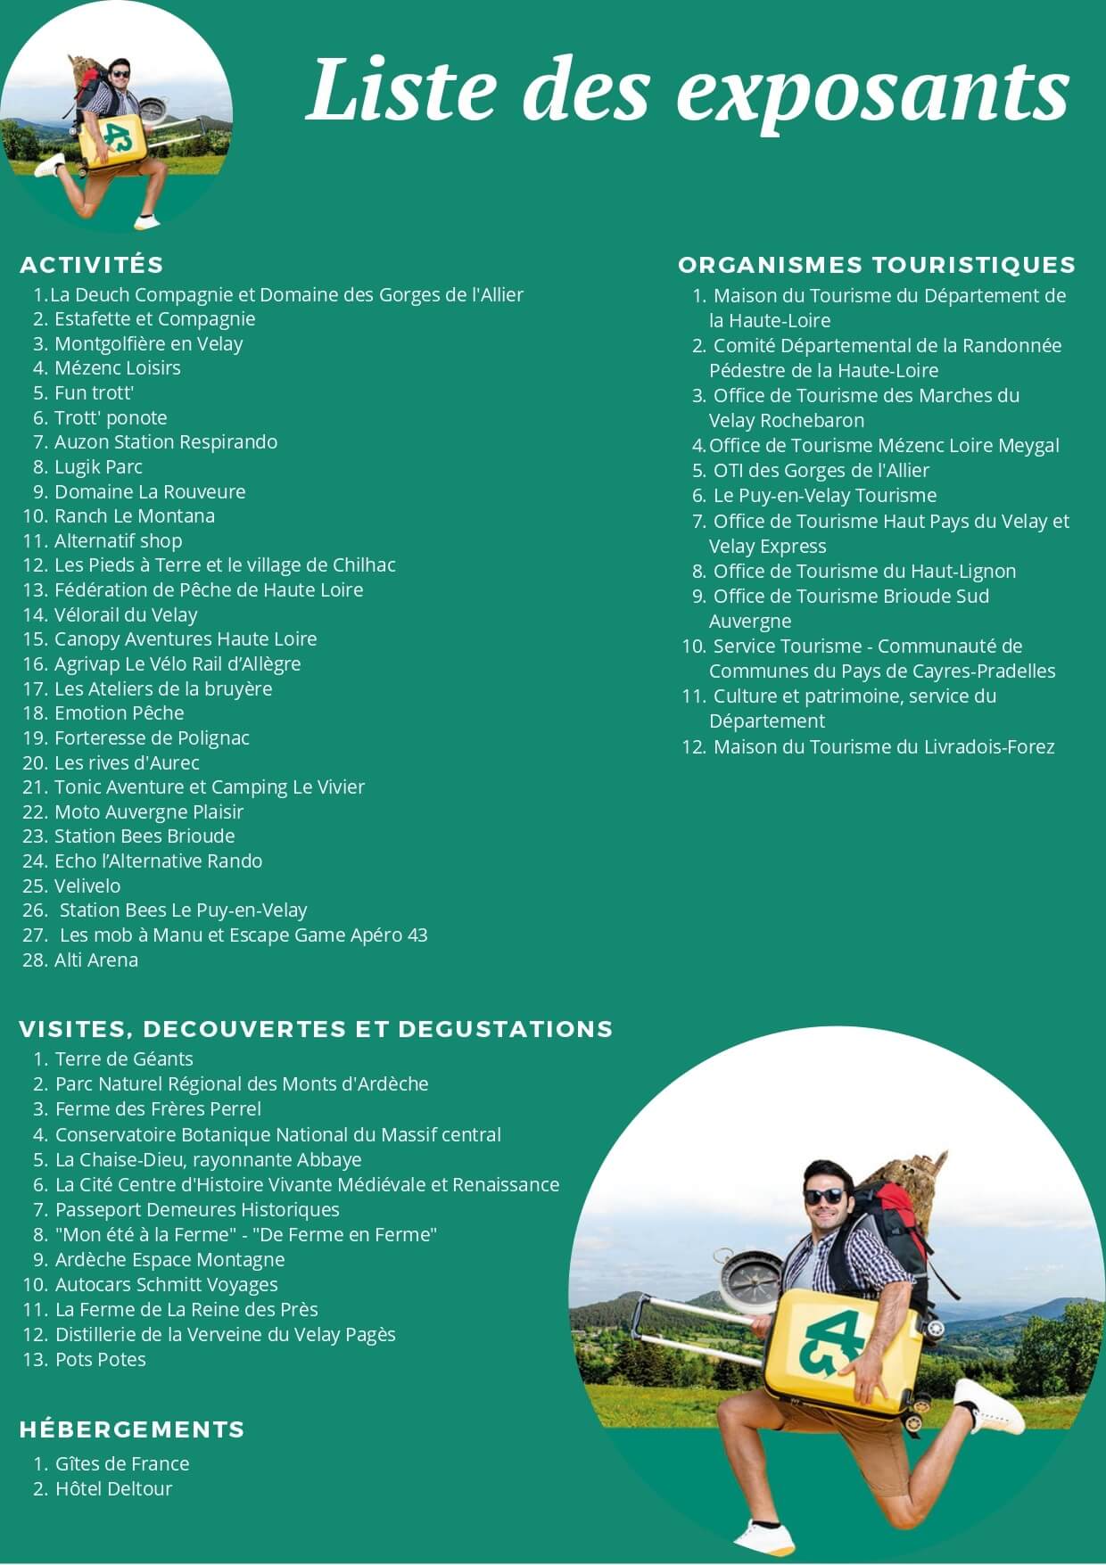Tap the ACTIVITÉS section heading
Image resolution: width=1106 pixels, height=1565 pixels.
(x=92, y=265)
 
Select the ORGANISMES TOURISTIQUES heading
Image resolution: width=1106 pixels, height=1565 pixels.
(x=876, y=265)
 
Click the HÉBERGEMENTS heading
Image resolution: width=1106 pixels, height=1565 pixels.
(x=132, y=1429)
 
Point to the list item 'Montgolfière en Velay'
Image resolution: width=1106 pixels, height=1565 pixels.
(x=148, y=343)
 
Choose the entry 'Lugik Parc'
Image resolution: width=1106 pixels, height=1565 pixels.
(x=98, y=466)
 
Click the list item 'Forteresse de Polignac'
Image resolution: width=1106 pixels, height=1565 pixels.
(x=152, y=737)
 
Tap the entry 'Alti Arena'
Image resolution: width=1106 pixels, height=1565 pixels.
(x=96, y=960)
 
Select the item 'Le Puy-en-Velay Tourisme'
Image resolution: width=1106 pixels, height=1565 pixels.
(x=824, y=495)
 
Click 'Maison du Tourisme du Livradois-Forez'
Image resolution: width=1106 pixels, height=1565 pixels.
(x=883, y=746)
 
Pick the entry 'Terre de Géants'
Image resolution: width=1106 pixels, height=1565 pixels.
(x=124, y=1058)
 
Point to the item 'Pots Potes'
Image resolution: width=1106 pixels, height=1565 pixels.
(x=100, y=1359)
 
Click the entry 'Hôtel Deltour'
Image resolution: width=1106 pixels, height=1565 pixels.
(x=113, y=1488)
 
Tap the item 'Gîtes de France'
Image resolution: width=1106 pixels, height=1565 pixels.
(x=122, y=1463)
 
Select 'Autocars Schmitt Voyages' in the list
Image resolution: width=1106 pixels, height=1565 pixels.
(x=166, y=1284)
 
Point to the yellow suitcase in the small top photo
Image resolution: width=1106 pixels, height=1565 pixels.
(x=111, y=138)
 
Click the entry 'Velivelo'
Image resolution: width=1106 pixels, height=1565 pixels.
(x=87, y=885)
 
